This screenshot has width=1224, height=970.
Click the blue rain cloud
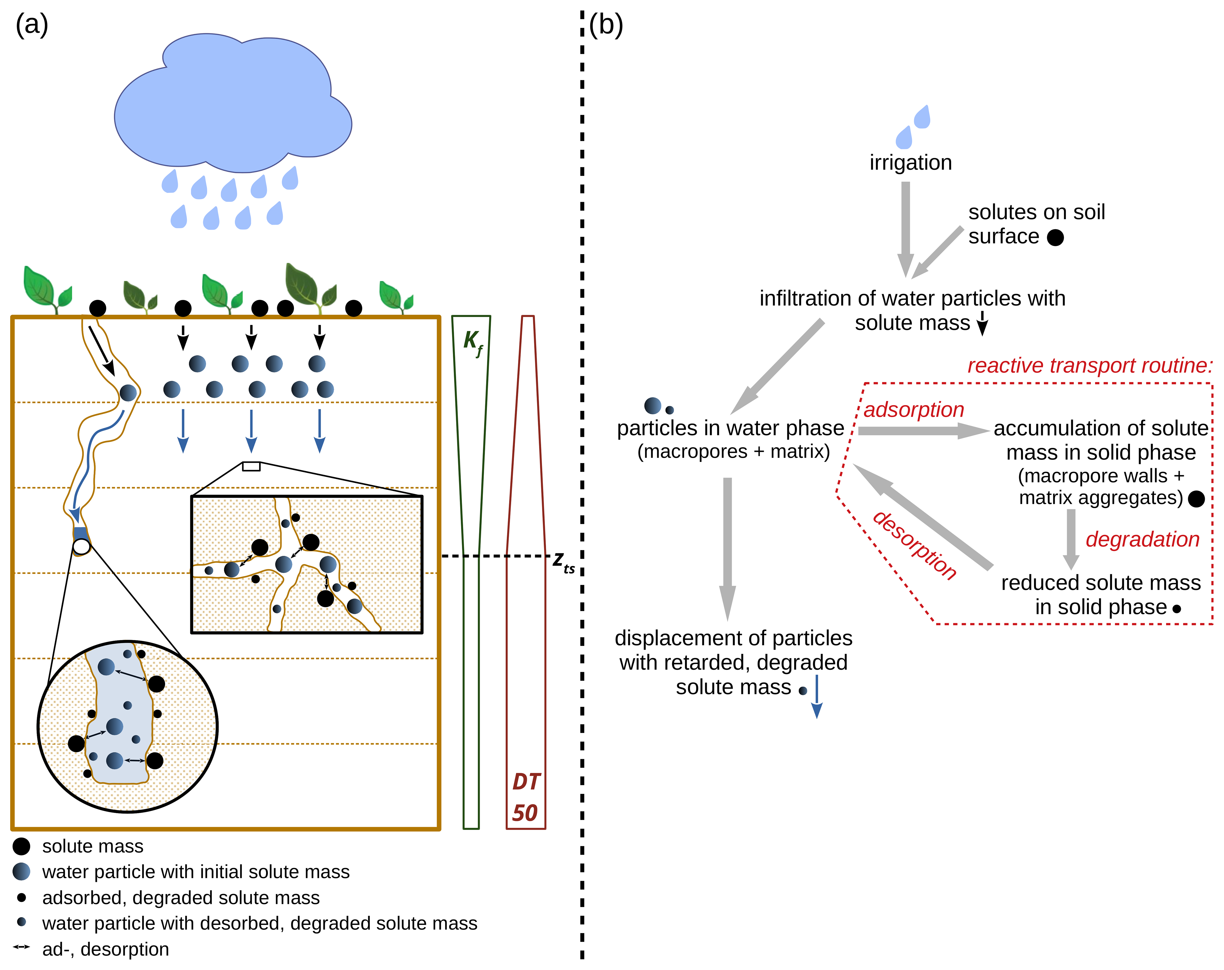(x=233, y=102)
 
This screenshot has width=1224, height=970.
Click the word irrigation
(x=911, y=163)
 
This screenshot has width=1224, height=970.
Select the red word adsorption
(x=914, y=409)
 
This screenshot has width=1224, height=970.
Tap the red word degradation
(x=1142, y=540)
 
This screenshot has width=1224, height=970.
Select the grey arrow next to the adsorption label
(x=922, y=431)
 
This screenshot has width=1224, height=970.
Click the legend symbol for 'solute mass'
(x=22, y=846)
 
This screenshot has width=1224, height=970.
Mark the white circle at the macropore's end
(x=82, y=547)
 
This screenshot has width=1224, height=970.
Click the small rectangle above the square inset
(x=251, y=466)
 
